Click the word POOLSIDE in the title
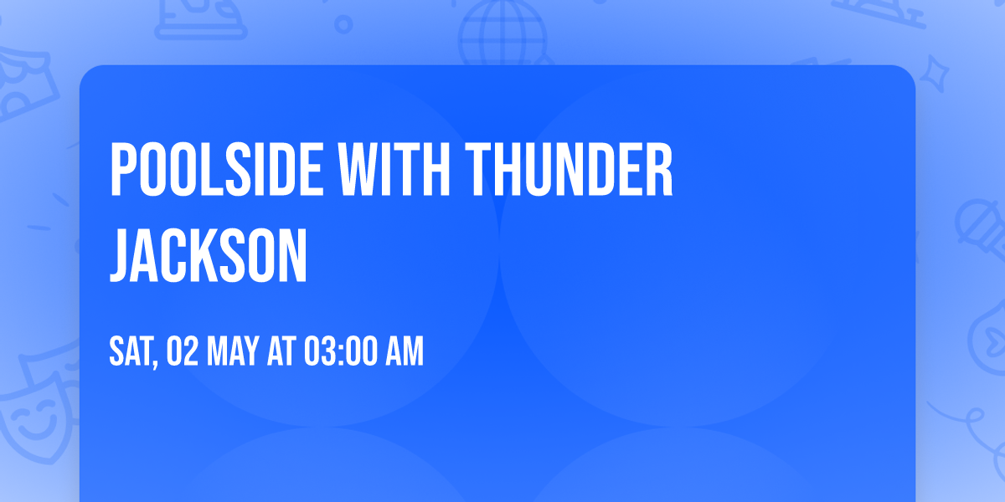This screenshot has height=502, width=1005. point(216,169)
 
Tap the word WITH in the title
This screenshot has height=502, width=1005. point(394,169)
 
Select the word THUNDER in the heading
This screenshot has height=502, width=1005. point(569,169)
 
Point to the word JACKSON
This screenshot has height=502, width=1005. point(209,255)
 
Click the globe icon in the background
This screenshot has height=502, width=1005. point(503,32)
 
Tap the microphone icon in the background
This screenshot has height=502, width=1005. point(982,229)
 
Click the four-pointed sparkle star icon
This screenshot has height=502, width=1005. point(934,74)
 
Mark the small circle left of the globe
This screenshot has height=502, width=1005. point(343,24)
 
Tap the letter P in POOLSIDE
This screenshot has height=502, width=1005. point(122,169)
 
